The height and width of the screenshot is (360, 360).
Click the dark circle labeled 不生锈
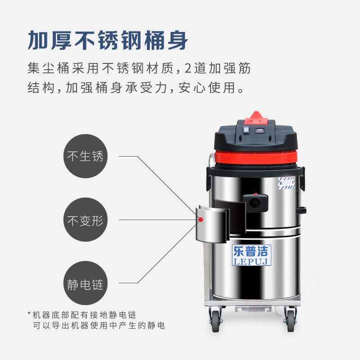[85, 156]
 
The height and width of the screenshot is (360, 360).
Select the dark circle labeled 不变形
[85, 220]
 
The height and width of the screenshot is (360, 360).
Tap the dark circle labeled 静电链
[85, 283]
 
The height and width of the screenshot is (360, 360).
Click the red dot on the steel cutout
[201, 220]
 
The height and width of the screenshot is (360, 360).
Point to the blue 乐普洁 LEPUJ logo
[252, 255]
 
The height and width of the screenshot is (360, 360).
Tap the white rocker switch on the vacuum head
[246, 130]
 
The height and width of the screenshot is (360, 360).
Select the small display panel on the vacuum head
[260, 130]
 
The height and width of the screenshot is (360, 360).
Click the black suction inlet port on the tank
[255, 203]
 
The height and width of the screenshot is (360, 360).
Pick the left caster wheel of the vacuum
[216, 320]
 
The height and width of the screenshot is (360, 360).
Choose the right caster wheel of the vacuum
[290, 320]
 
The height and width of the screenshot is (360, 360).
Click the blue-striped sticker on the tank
[286, 183]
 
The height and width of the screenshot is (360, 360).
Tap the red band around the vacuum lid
[256, 157]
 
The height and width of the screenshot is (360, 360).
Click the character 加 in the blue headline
[37, 40]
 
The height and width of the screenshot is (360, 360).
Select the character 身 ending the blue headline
[178, 40]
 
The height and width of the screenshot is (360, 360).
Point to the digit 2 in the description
[188, 68]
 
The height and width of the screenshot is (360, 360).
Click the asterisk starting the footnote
[29, 313]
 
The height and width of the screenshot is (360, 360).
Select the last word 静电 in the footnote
[156, 325]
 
